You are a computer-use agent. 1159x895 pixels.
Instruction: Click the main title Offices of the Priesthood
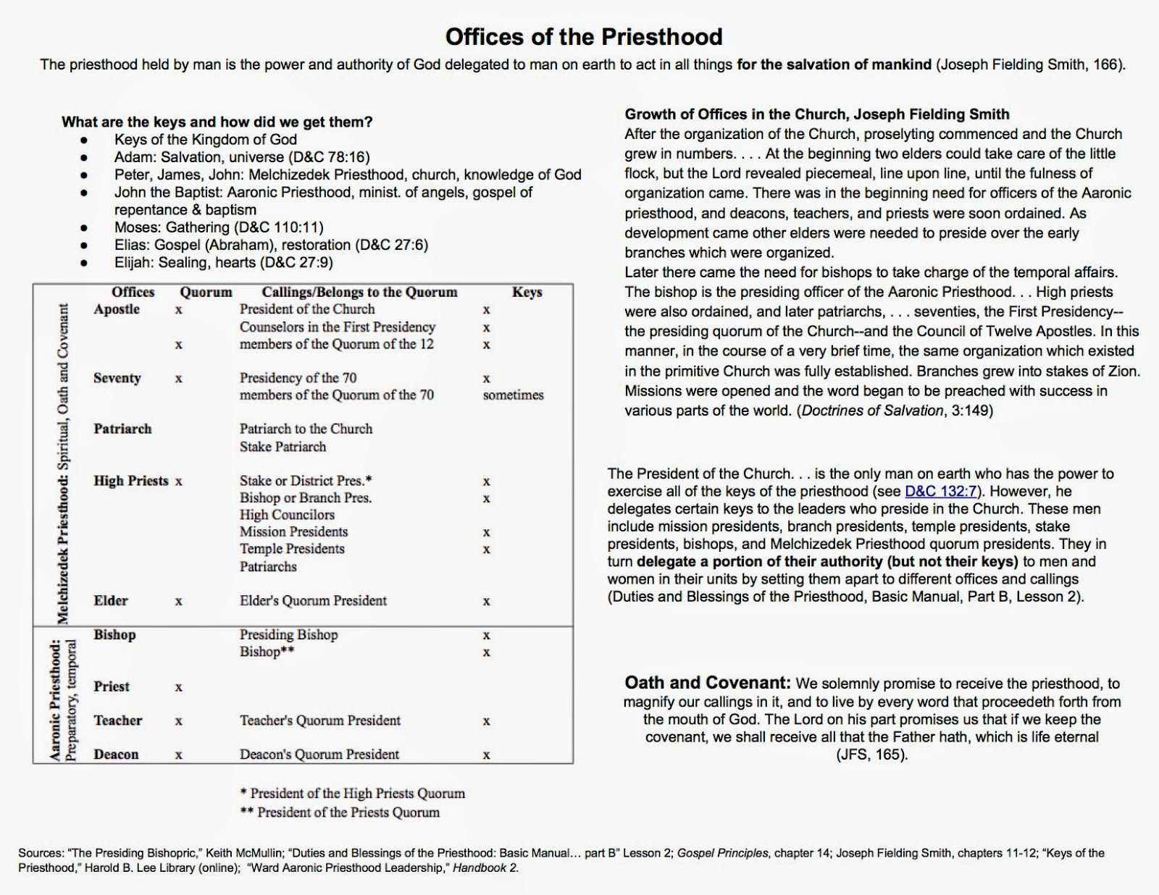pyautogui.click(x=583, y=36)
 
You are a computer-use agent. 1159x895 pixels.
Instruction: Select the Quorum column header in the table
pyautogui.click(x=206, y=292)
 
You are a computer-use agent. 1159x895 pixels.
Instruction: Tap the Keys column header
pyautogui.click(x=527, y=292)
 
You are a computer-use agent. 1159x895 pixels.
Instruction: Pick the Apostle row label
pyautogui.click(x=117, y=309)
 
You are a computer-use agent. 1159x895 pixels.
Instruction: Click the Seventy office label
pyautogui.click(x=117, y=378)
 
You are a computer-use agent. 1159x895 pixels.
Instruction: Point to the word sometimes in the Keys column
pyautogui.click(x=513, y=395)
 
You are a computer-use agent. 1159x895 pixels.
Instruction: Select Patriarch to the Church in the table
pyautogui.click(x=306, y=429)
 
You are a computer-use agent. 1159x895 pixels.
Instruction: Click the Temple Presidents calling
pyautogui.click(x=292, y=549)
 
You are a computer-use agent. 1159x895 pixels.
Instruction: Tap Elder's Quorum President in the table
pyautogui.click(x=313, y=601)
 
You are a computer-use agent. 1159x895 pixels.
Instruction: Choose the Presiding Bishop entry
pyautogui.click(x=288, y=635)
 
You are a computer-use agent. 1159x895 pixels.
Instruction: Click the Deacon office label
pyautogui.click(x=116, y=755)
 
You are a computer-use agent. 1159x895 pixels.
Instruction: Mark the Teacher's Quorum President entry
pyautogui.click(x=319, y=720)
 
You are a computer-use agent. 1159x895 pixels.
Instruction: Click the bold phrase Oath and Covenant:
pyautogui.click(x=707, y=683)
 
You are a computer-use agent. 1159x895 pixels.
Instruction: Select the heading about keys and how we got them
pyautogui.click(x=217, y=122)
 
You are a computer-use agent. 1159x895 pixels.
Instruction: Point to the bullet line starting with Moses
pyautogui.click(x=219, y=227)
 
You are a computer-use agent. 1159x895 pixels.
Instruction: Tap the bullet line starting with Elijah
pyautogui.click(x=223, y=262)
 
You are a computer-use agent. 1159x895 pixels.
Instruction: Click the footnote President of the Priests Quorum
pyautogui.click(x=340, y=812)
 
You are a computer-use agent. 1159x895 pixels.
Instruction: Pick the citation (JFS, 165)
pyautogui.click(x=871, y=755)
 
